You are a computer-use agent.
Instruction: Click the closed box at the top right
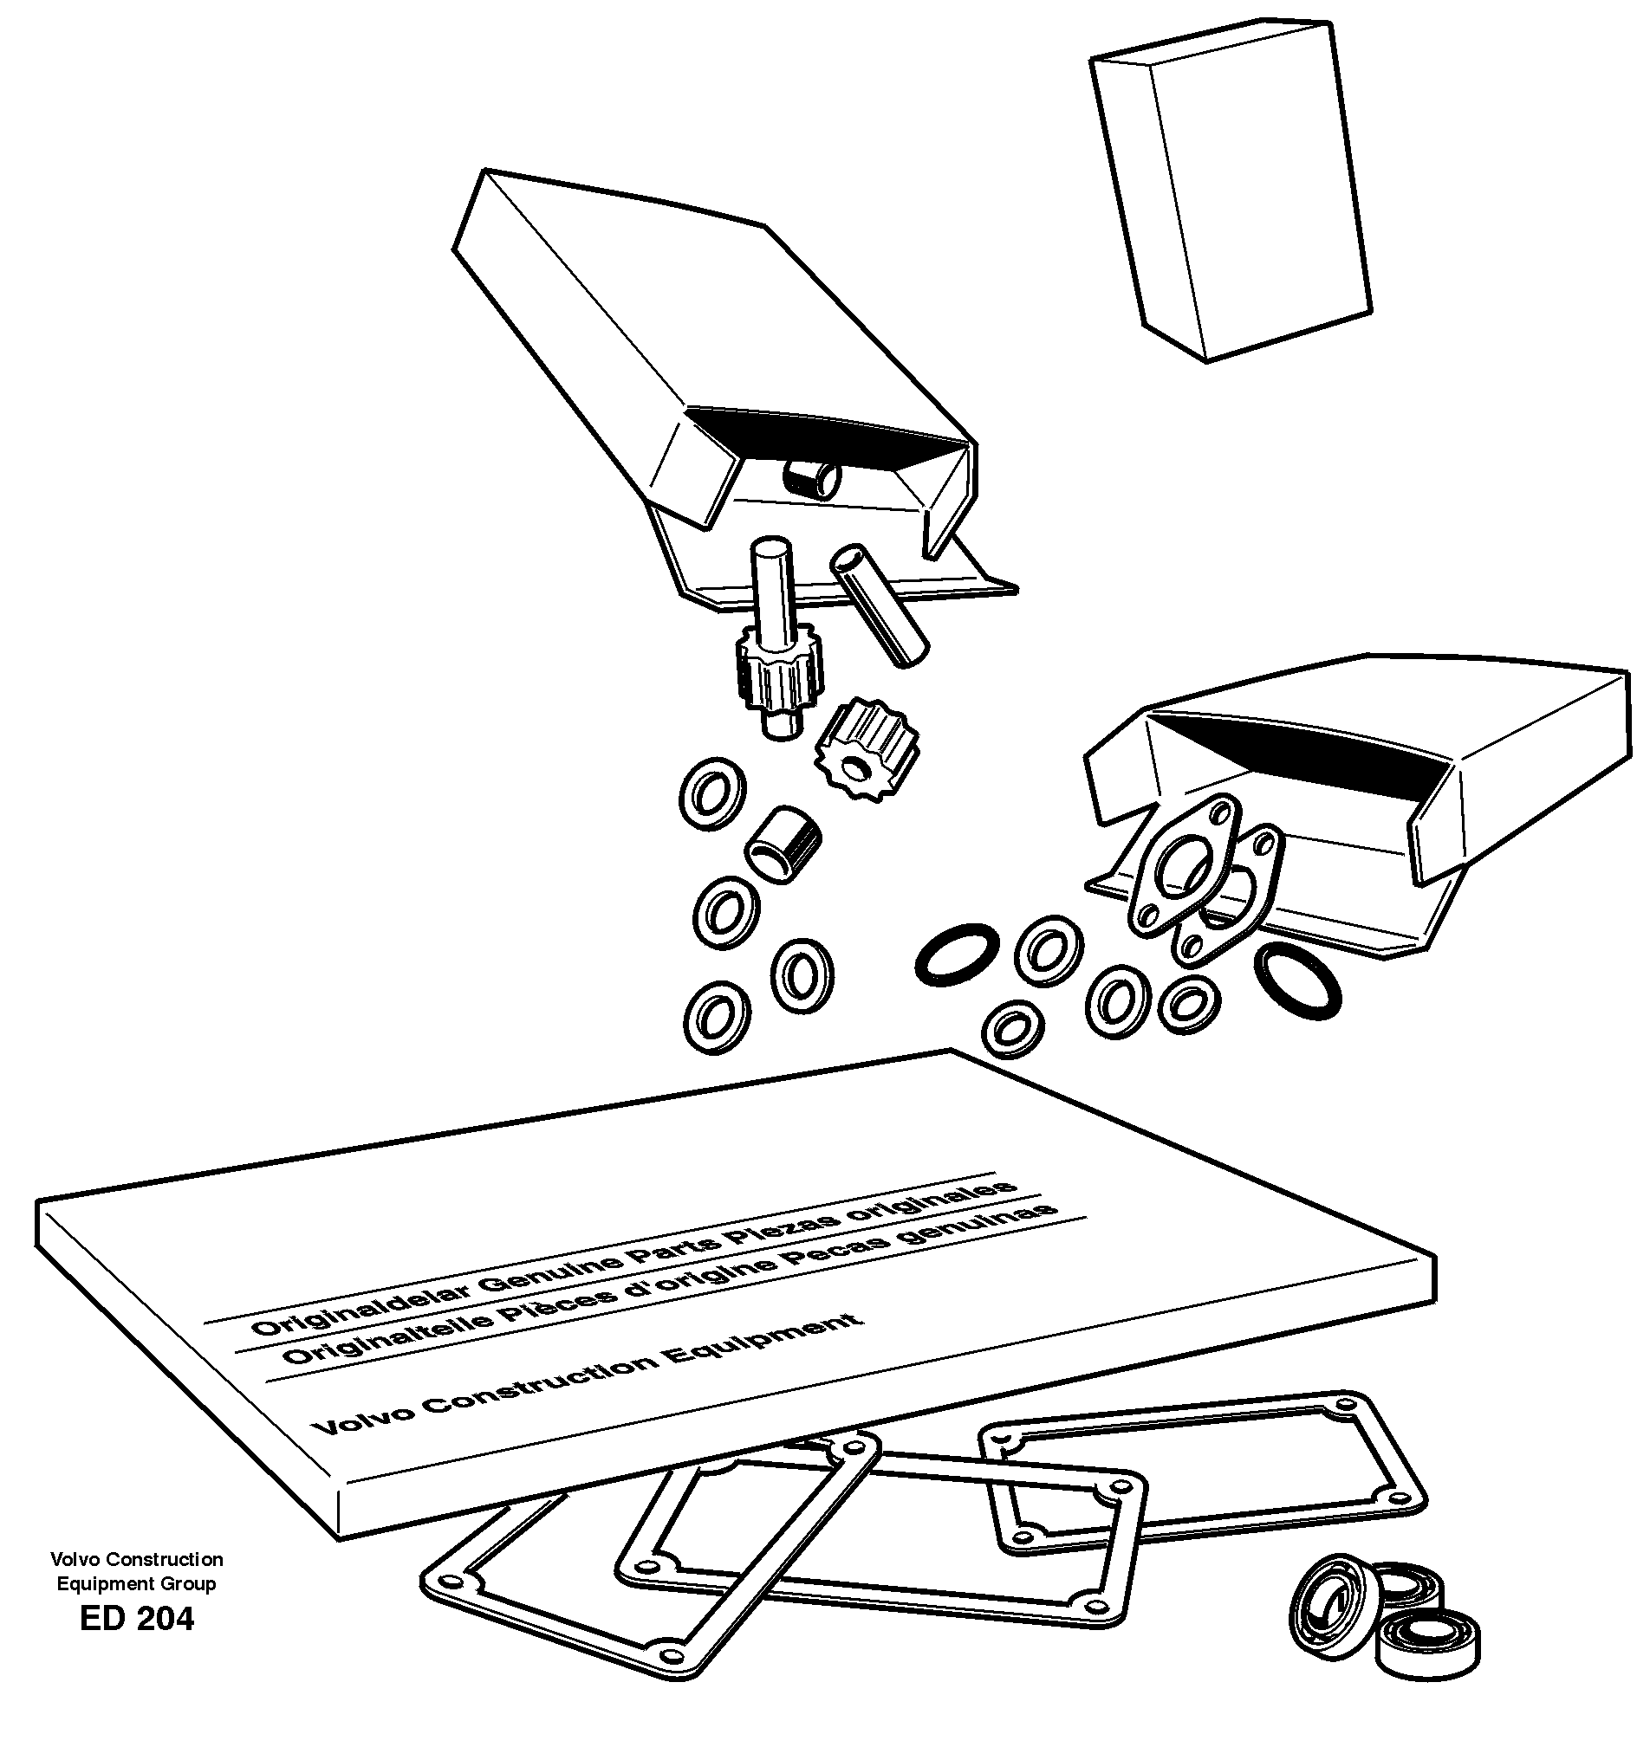point(1231,191)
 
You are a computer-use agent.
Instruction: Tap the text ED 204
point(136,1618)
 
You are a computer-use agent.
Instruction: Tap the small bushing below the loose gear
point(783,843)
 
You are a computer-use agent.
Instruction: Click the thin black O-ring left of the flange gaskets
point(958,954)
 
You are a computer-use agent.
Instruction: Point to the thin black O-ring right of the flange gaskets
point(1297,981)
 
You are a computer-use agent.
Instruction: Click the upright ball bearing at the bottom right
point(1328,1601)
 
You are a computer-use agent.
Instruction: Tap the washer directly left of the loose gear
point(712,792)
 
